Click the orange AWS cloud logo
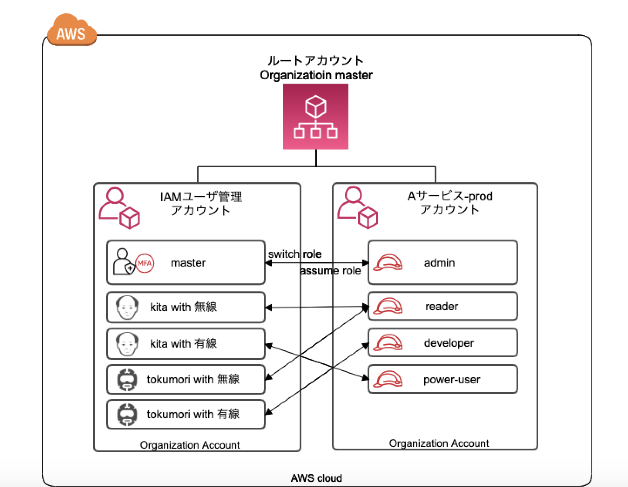click(x=71, y=31)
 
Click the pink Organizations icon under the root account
click(x=316, y=117)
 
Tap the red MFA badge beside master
click(x=145, y=263)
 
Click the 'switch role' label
click(x=295, y=254)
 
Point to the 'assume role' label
click(x=331, y=271)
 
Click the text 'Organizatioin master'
click(x=316, y=75)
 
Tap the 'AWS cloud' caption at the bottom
click(x=316, y=478)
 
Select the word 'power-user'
click(x=452, y=380)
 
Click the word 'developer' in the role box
click(x=449, y=343)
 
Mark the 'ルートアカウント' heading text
click(x=316, y=61)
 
